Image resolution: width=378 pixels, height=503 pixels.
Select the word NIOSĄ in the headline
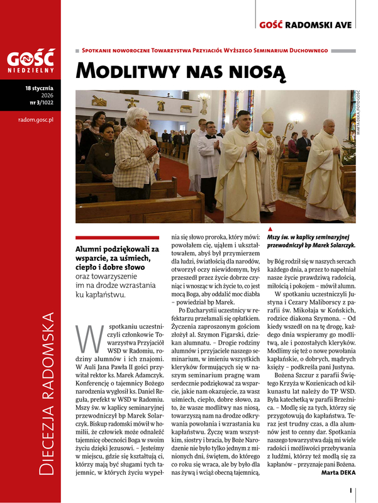click(258, 70)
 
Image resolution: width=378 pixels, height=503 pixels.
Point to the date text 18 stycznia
click(40, 89)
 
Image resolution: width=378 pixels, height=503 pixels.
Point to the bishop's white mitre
click(269, 116)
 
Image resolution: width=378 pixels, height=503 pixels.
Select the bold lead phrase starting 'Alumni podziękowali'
click(116, 254)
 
